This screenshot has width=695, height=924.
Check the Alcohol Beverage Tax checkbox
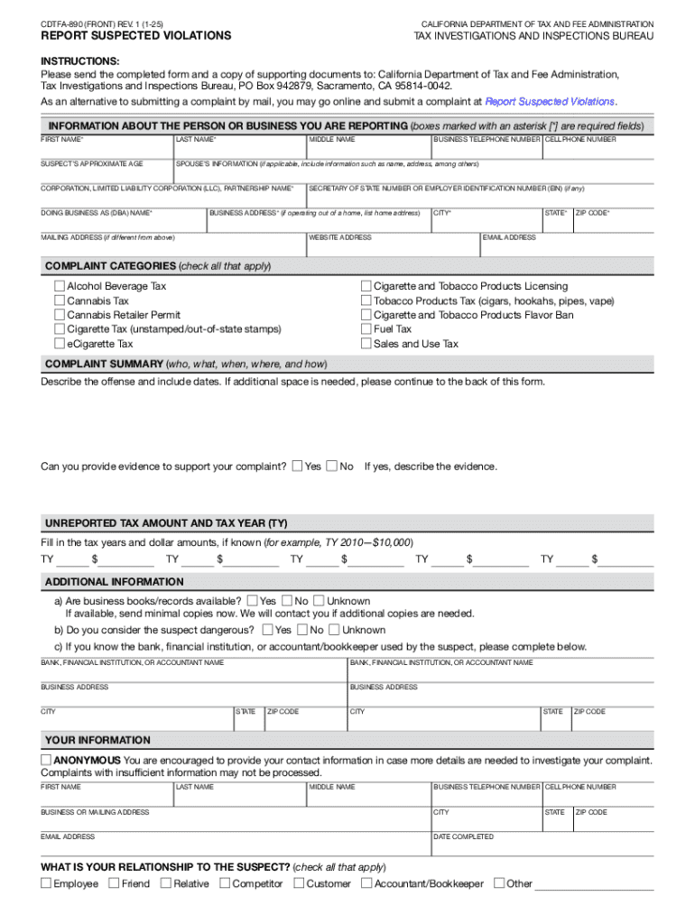[60, 286]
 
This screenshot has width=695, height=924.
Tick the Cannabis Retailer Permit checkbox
[60, 315]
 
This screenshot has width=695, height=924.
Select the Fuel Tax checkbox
[366, 329]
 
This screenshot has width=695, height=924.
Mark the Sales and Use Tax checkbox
[366, 344]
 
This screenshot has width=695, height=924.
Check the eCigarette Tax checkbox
[60, 344]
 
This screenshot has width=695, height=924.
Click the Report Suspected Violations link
[550, 102]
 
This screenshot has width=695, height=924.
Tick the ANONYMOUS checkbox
[46, 761]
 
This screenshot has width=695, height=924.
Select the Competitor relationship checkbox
[225, 883]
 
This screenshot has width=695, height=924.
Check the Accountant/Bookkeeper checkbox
[366, 883]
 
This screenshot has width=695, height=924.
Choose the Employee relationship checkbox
[46, 883]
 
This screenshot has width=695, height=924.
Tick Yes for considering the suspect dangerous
[268, 630]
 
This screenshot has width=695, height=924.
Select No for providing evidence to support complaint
[332, 467]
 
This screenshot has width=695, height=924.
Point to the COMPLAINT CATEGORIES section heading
[110, 266]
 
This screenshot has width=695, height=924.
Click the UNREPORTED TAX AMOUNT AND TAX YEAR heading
[166, 523]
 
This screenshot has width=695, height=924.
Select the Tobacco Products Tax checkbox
[366, 300]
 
